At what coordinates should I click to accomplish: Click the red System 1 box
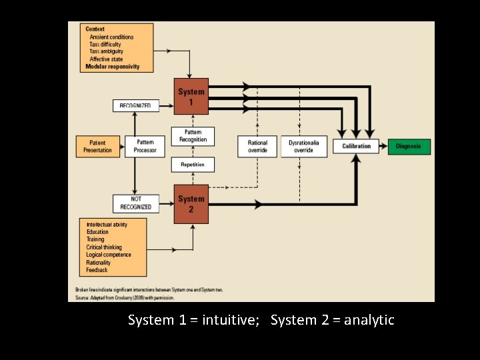[191, 95]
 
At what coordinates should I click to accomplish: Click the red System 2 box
[191, 203]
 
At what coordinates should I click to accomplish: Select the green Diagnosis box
[408, 146]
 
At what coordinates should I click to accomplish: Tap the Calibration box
[356, 146]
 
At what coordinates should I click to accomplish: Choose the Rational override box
[257, 146]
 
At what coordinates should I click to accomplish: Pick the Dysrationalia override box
[304, 146]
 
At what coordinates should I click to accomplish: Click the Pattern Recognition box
[193, 136]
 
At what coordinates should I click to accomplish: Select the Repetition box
[193, 164]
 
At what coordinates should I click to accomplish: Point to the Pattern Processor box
[145, 146]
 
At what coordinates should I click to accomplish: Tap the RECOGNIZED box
[135, 105]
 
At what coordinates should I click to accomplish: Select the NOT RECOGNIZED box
[136, 203]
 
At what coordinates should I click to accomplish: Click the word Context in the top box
[95, 29]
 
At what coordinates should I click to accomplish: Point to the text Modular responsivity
[113, 67]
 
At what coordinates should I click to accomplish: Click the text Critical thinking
[104, 247]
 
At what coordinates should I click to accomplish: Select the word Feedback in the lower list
[97, 270]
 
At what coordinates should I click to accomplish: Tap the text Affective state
[106, 59]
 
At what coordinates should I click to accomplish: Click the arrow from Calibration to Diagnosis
[385, 146]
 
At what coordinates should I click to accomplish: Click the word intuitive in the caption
[228, 321]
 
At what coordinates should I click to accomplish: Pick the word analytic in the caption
[369, 321]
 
